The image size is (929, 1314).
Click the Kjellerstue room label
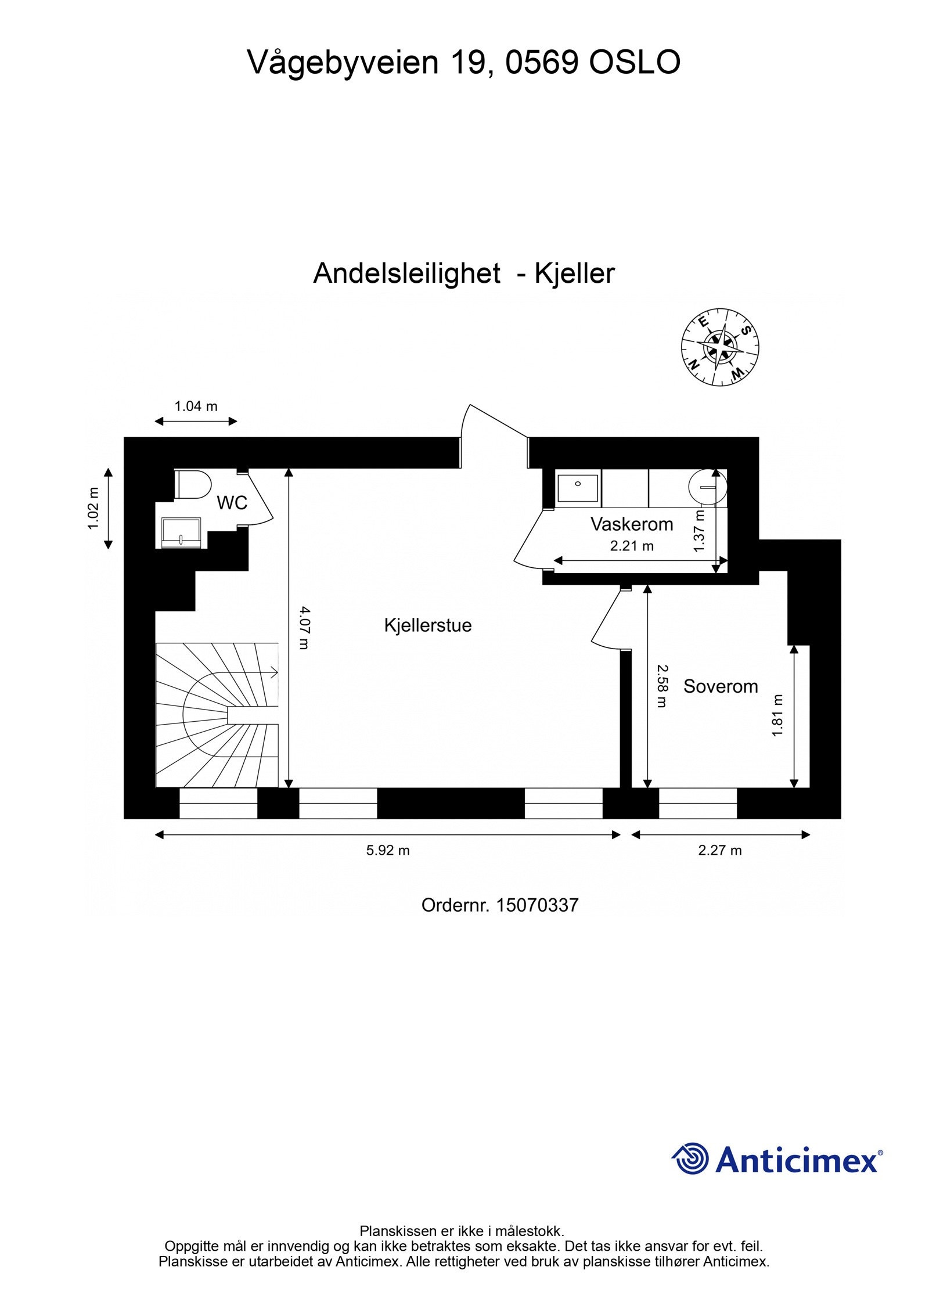point(427,625)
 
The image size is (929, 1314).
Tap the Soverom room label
point(720,686)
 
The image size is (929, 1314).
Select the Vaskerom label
point(631,524)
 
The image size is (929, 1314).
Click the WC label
point(232,503)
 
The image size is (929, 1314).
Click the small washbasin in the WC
point(182,532)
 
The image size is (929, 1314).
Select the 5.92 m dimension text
point(387,851)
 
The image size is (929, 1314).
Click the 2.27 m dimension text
point(719,851)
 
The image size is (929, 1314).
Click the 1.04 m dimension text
point(196,406)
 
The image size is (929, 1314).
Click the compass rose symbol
point(720,347)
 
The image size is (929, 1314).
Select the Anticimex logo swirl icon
point(691,1160)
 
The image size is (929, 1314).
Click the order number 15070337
point(536,905)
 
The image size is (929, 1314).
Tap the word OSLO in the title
point(635,62)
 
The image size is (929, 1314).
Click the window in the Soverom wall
point(697,803)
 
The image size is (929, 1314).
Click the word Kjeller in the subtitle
point(574,273)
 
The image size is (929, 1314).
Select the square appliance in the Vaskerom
point(577,488)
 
